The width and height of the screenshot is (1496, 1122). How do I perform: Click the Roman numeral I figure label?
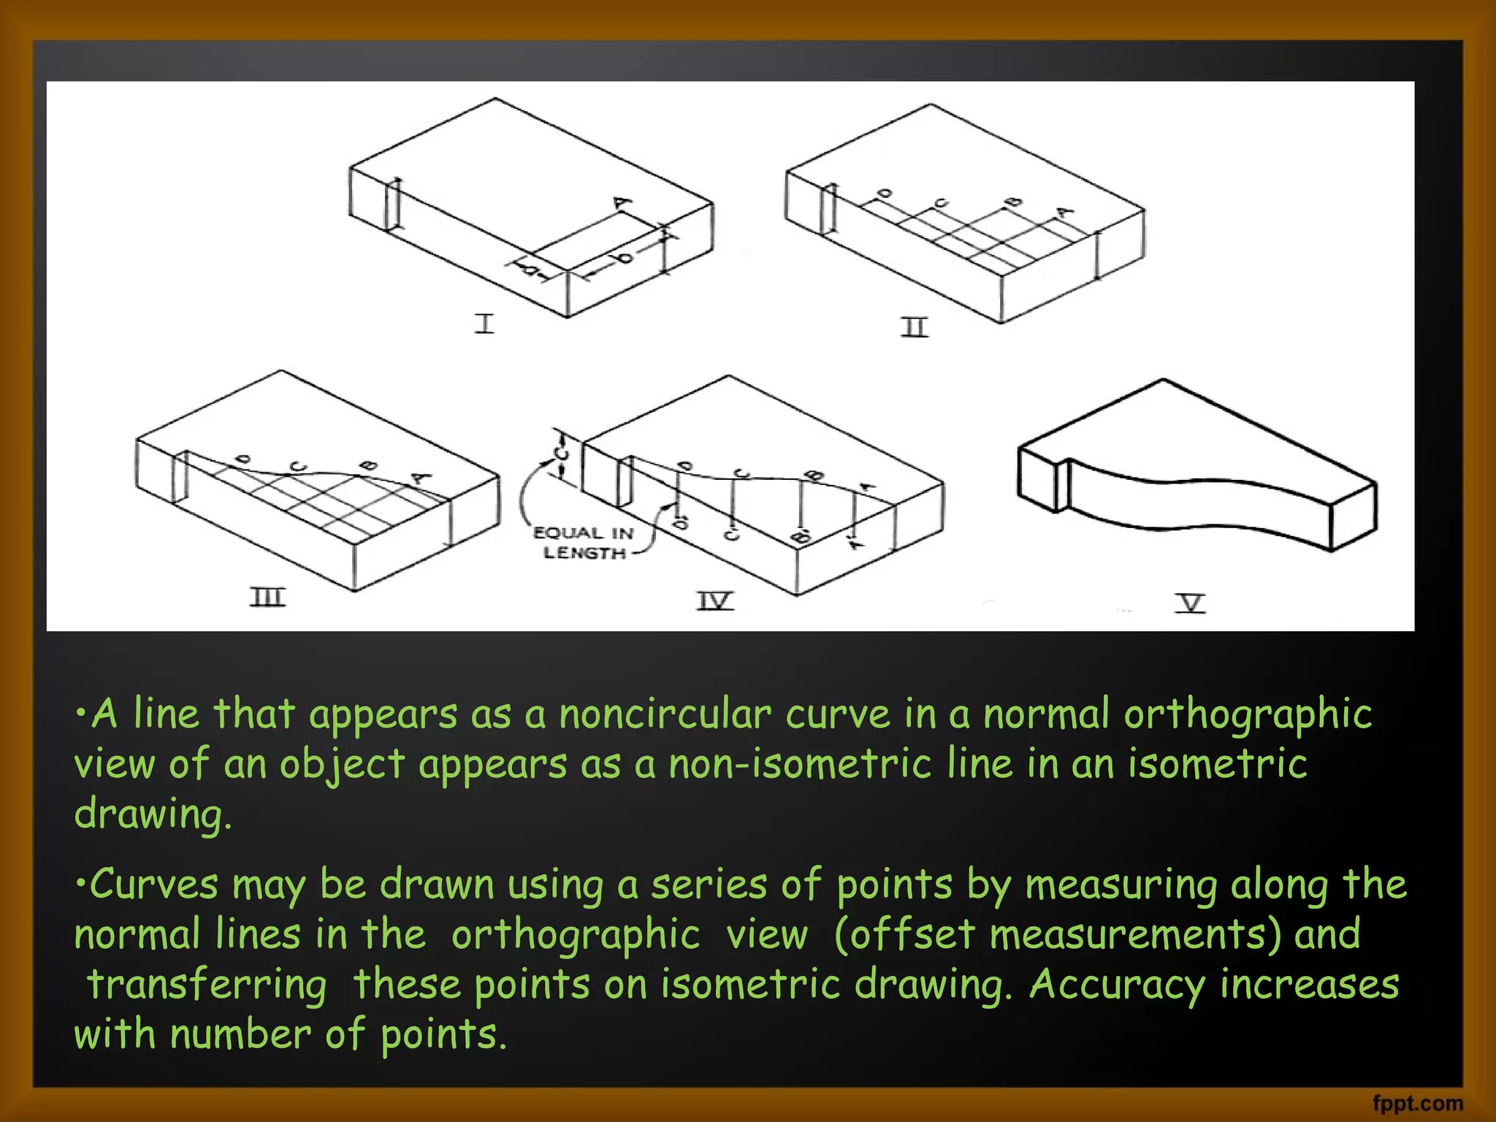click(x=484, y=323)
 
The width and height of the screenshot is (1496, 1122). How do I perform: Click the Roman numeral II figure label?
click(x=914, y=327)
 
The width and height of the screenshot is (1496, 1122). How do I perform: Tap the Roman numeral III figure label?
click(x=268, y=598)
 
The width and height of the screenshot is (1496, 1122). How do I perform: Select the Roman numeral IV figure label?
click(x=714, y=601)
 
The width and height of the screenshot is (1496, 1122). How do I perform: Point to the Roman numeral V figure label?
click(x=1190, y=603)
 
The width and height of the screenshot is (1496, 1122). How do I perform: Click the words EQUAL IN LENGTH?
click(x=584, y=543)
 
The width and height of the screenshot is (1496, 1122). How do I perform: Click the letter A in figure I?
click(x=622, y=202)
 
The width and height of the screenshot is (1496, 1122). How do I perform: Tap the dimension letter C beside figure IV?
click(x=561, y=454)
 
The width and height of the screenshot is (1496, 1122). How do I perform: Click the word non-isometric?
click(x=800, y=764)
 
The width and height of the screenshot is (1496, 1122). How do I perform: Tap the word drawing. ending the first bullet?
click(x=153, y=814)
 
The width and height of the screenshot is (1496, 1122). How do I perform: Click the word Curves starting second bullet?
click(x=153, y=884)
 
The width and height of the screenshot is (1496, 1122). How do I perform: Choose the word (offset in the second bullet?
click(x=904, y=934)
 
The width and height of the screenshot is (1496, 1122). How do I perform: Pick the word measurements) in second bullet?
click(x=1135, y=934)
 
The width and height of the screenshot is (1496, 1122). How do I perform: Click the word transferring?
click(x=207, y=985)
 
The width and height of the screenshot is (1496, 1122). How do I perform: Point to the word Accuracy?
click(x=1117, y=985)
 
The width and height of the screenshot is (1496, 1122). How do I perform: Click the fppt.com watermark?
click(x=1417, y=1103)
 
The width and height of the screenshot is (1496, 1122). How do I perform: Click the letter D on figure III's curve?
click(x=244, y=459)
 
